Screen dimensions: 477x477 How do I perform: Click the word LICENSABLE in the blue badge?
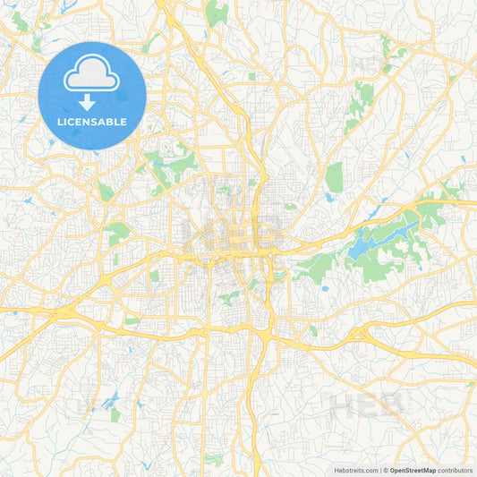[92, 121]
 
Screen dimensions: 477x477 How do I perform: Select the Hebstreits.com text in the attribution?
[356, 469]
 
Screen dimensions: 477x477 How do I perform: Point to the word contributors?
[456, 469]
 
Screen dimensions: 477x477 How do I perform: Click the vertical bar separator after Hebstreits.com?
[380, 469]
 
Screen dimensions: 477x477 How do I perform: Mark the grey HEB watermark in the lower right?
[368, 407]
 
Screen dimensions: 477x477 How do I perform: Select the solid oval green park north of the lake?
[334, 177]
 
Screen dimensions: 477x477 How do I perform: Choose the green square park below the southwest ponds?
[115, 415]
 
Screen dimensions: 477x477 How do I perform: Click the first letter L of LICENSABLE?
[59, 121]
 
